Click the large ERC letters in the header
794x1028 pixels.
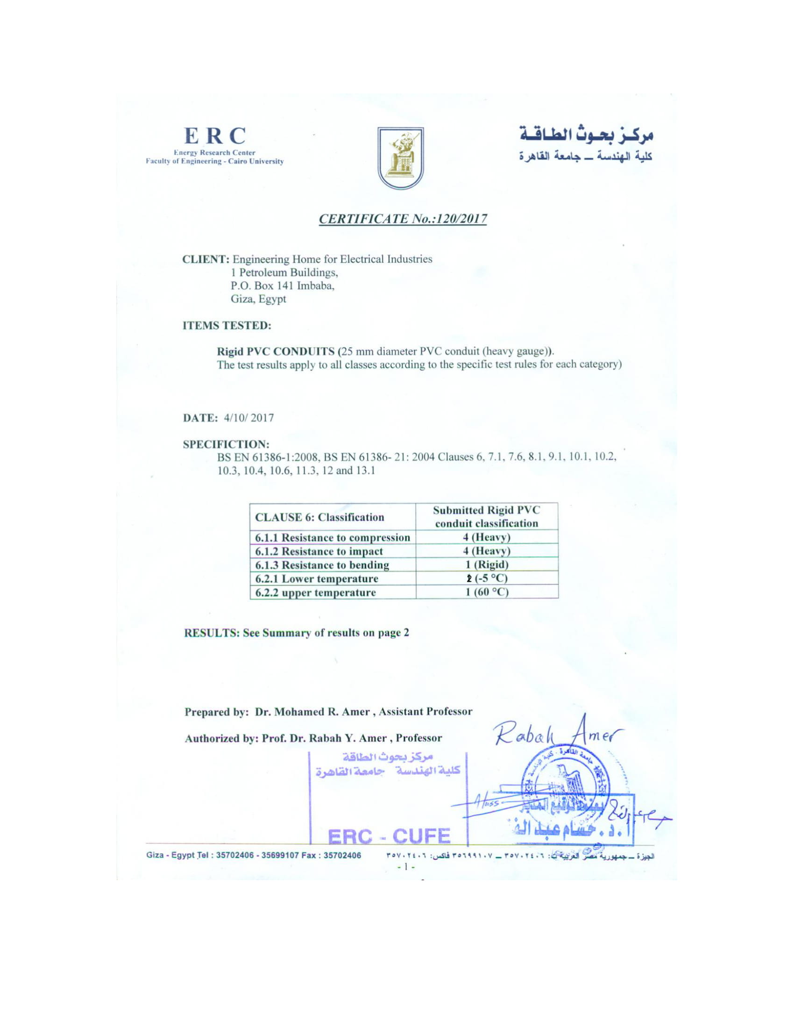tap(214, 136)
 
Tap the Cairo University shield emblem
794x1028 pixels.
tap(400, 158)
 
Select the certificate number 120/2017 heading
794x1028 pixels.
tap(403, 219)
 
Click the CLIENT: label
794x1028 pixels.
tap(206, 259)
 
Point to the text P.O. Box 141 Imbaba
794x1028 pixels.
tap(282, 286)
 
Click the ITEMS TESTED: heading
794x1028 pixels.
tap(227, 325)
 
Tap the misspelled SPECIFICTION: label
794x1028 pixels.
tap(226, 444)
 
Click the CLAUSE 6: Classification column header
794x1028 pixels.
tap(319, 517)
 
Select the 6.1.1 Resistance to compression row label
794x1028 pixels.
tap(332, 537)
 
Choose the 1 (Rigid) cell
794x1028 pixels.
tap(487, 564)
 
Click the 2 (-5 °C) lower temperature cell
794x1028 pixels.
tap(487, 578)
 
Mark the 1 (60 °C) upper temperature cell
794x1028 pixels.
tap(487, 592)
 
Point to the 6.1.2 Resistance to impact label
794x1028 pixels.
tap(319, 551)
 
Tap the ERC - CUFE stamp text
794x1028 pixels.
tap(389, 836)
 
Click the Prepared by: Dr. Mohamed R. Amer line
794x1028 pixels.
tap(328, 711)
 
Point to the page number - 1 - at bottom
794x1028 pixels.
tap(406, 866)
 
